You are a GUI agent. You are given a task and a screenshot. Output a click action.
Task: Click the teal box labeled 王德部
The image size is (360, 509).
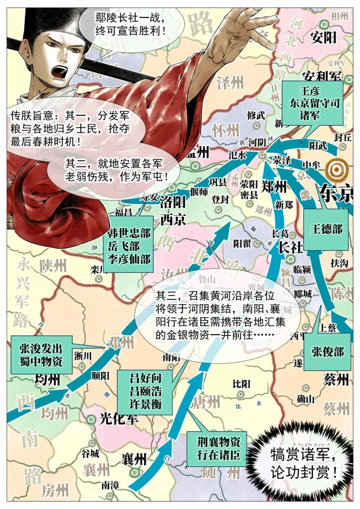click(x=326, y=228)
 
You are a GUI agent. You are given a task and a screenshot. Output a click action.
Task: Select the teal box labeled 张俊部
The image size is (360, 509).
click(x=327, y=351)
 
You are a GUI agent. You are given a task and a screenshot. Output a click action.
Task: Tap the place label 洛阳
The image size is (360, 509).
click(x=173, y=203)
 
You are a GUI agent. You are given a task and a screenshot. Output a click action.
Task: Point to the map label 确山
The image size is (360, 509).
click(x=306, y=398)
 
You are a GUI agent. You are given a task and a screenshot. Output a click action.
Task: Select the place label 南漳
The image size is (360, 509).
click(x=110, y=485)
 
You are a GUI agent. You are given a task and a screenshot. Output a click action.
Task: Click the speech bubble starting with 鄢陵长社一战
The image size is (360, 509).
click(x=130, y=24)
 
